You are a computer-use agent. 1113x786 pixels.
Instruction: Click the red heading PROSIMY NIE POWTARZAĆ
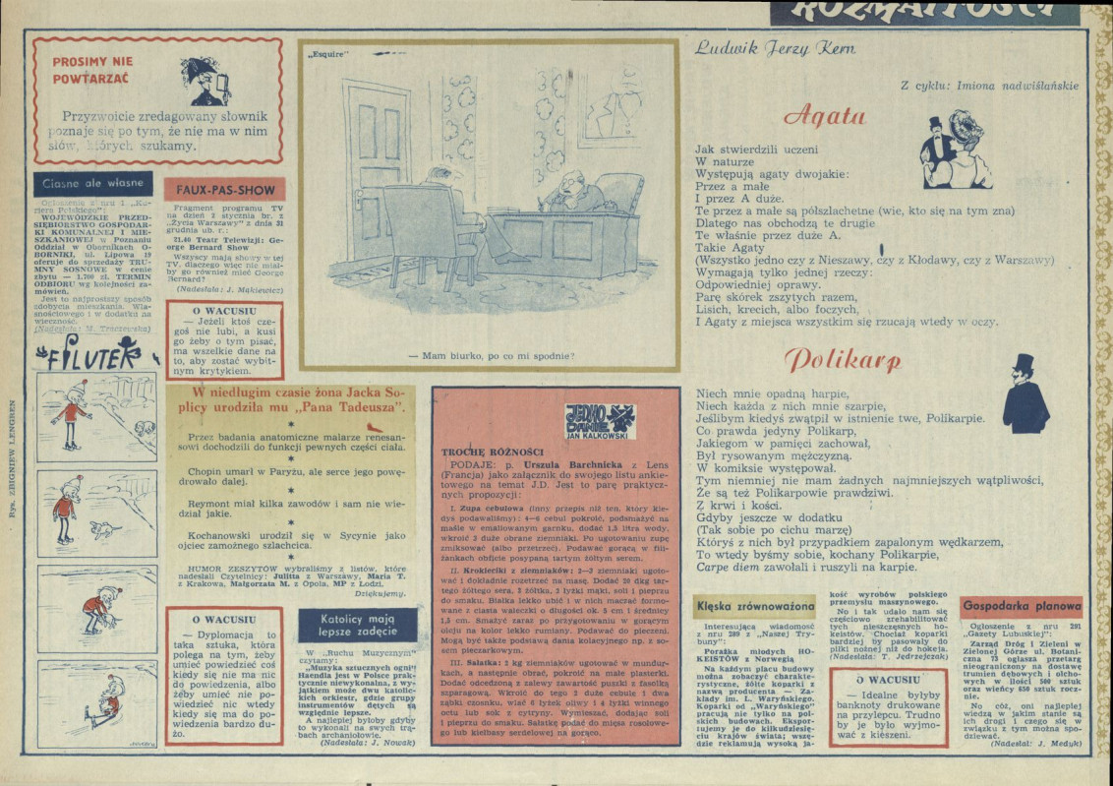coord(92,68)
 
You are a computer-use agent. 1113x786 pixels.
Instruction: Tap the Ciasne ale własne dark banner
coord(94,183)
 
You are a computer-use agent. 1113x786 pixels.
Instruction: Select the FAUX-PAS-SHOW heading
coord(224,190)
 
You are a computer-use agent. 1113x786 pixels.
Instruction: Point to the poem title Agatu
coord(824,115)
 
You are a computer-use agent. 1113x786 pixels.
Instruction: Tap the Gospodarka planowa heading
coord(1021,607)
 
